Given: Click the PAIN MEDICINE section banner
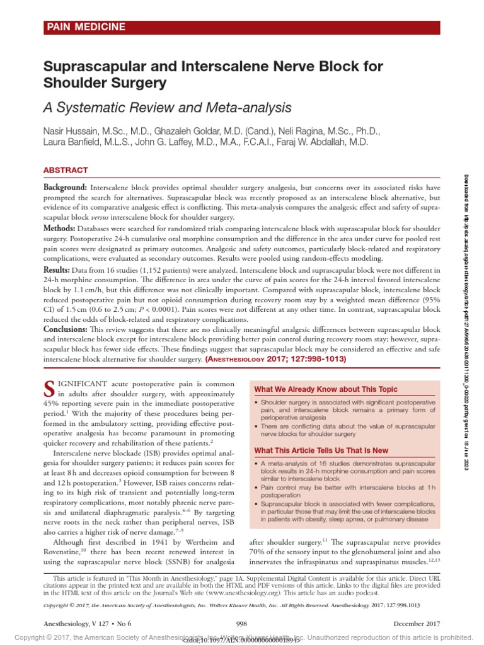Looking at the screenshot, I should click(x=85, y=26).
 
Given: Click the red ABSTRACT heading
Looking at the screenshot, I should click(x=66, y=170).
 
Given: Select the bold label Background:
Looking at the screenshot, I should click(x=65, y=188).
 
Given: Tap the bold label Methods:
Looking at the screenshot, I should click(x=60, y=228).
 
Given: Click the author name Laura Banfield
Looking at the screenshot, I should click(x=73, y=142).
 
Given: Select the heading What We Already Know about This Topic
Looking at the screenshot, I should click(x=326, y=389).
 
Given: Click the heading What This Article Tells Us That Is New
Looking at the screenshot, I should click(x=321, y=450).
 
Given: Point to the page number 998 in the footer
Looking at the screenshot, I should click(x=241, y=623).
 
